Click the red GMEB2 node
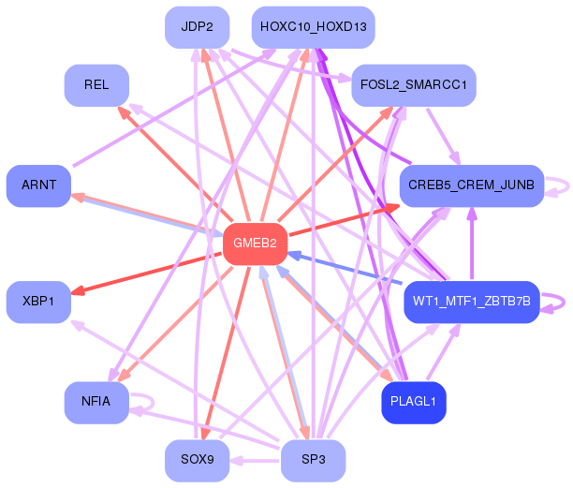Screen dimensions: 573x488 (x=255, y=244)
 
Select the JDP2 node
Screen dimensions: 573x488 (x=198, y=27)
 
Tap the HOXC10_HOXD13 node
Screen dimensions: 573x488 (x=313, y=27)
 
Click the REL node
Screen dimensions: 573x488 (x=96, y=85)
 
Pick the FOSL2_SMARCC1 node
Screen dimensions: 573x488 (x=414, y=85)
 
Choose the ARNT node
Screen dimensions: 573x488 (x=38, y=185)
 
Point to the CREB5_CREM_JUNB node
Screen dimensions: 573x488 (x=472, y=185)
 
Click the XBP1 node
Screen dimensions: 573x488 (x=38, y=302)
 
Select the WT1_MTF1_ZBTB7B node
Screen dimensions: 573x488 (x=472, y=302)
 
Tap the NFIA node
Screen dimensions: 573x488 (x=96, y=403)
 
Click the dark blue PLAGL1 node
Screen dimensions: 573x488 (x=414, y=403)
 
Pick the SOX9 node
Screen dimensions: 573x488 (x=198, y=461)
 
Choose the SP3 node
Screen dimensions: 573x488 (x=313, y=461)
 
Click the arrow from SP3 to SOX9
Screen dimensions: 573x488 (x=255, y=461)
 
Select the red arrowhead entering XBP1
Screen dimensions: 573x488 (x=78, y=291)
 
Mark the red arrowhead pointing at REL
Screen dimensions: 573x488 (x=124, y=112)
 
